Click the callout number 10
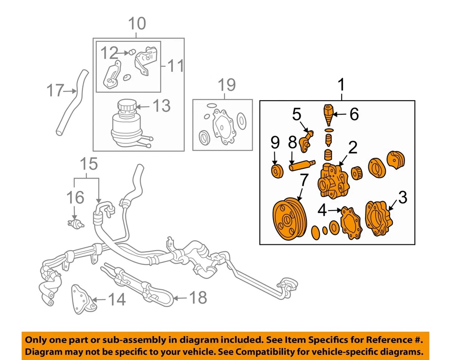pos(137,23)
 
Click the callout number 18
pos(198,297)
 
